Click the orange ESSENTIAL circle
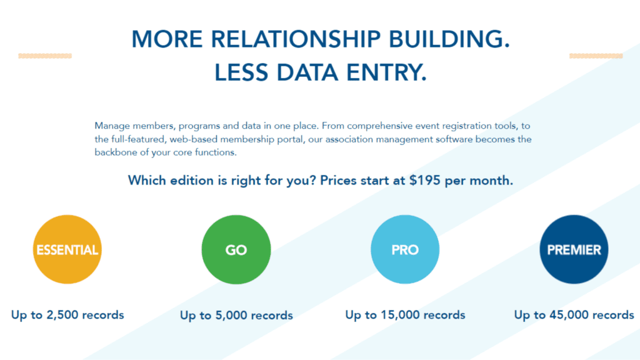click(x=67, y=249)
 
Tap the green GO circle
click(x=236, y=249)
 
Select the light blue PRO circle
click(x=405, y=249)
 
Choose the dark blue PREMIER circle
click(x=574, y=249)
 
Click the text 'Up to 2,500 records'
click(x=67, y=315)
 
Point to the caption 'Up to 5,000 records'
click(x=236, y=316)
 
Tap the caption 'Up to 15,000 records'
click(x=405, y=315)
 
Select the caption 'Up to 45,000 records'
click(x=574, y=315)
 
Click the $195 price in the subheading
click(x=425, y=181)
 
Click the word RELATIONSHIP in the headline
click(x=296, y=39)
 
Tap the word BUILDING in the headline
click(x=449, y=39)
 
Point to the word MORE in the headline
click(x=167, y=39)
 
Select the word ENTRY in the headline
click(x=386, y=72)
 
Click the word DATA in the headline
click(x=307, y=72)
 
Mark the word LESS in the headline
click(x=241, y=72)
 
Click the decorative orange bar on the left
click(x=45, y=56)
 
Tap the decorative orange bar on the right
click(x=596, y=56)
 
